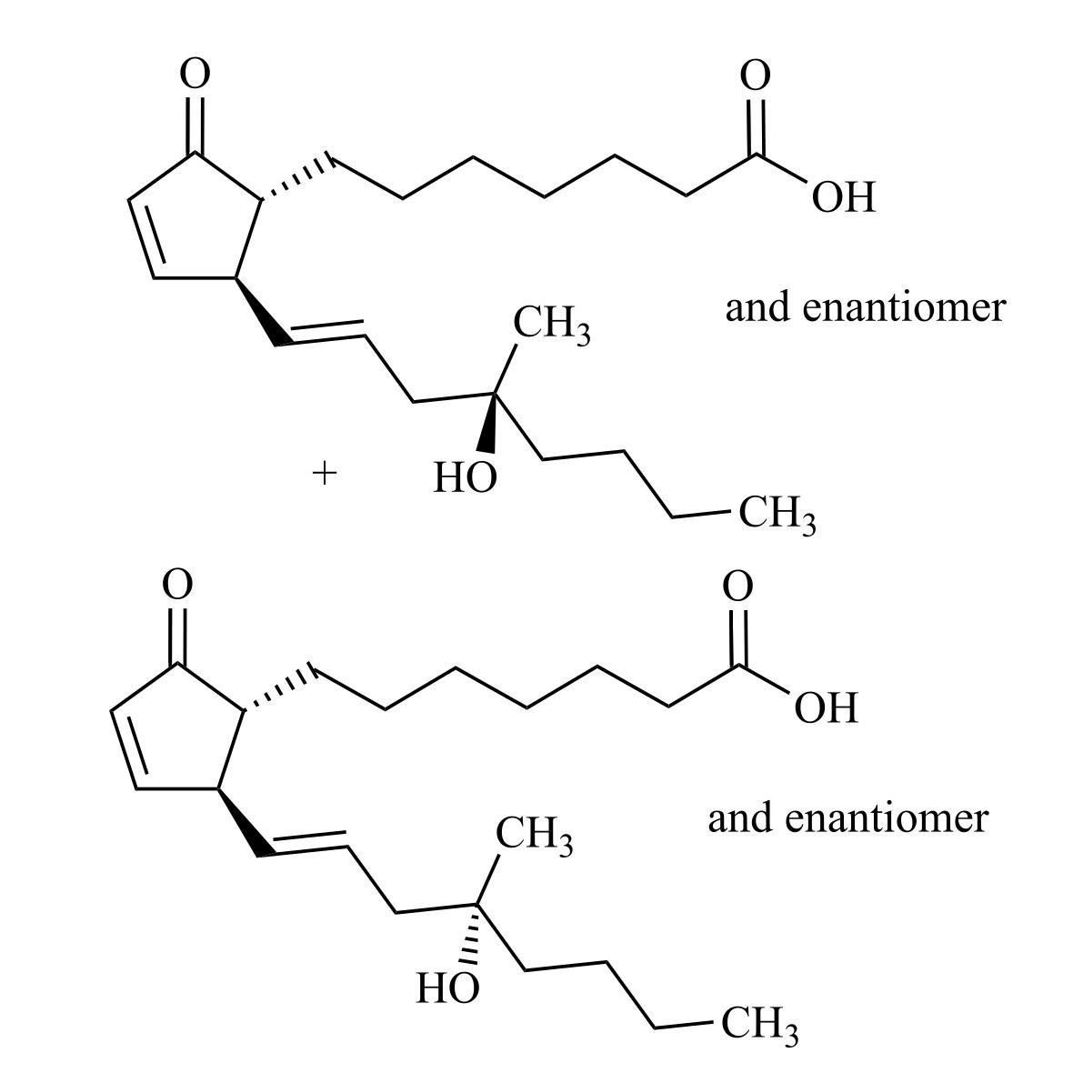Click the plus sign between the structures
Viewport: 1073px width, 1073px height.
pos(324,472)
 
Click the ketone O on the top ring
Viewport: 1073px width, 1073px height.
pos(194,75)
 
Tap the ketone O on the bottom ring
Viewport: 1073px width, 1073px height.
pos(177,585)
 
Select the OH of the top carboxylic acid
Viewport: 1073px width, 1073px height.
pos(843,197)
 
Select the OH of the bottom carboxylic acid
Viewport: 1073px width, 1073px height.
pos(826,708)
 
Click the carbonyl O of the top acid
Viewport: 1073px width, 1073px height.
pos(755,75)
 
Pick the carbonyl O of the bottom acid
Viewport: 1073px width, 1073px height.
pos(737,587)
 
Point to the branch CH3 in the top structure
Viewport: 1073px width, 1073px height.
pos(550,325)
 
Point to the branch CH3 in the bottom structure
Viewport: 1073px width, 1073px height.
pos(534,836)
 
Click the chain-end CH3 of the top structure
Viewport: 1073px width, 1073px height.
pos(777,515)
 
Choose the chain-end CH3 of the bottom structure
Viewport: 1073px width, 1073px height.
pos(759,1026)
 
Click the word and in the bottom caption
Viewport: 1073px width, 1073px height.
pos(741,818)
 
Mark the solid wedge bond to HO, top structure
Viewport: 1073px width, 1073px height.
pos(490,423)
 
